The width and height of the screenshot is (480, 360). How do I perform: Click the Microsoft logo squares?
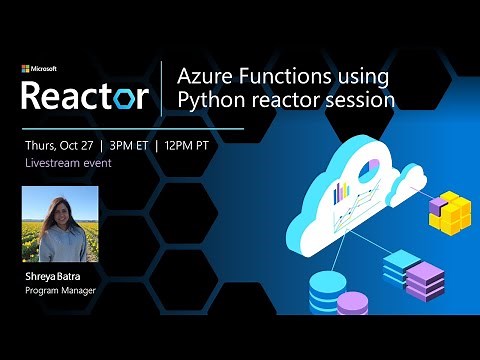tap(25, 69)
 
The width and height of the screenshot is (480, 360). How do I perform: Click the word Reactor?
tap(85, 96)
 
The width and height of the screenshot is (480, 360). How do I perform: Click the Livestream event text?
tap(68, 162)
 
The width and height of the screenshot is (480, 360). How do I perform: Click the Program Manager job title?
tap(61, 292)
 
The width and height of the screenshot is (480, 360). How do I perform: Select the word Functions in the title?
tap(288, 76)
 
